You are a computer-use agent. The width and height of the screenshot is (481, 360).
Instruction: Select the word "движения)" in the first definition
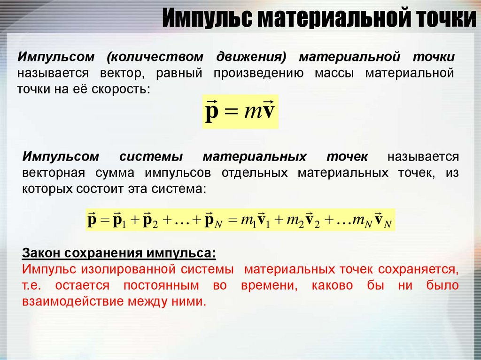click(x=251, y=57)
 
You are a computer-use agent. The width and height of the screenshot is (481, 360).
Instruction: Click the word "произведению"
click(x=259, y=73)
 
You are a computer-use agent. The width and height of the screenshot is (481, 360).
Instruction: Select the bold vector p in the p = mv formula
click(x=212, y=111)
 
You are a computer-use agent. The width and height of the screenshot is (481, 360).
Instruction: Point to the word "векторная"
click(x=54, y=173)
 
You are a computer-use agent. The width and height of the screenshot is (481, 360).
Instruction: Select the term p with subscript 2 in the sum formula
click(x=151, y=221)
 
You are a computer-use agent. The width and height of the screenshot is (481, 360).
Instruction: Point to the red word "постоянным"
click(x=162, y=286)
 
